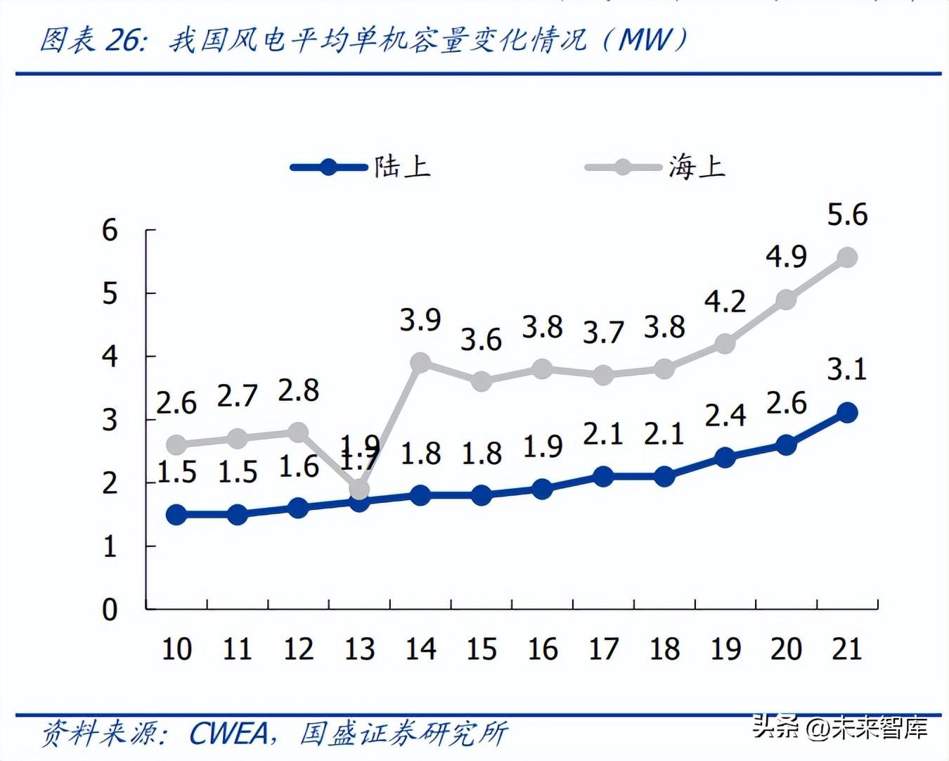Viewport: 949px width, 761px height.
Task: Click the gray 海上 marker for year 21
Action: tap(847, 258)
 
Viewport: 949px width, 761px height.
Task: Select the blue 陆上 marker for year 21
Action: tap(847, 412)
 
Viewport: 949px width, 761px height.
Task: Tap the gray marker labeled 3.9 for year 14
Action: tap(420, 363)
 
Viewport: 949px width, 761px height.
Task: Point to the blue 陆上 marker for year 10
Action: tap(176, 515)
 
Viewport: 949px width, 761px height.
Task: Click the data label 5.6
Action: tap(847, 215)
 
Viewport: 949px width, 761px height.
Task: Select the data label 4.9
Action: tap(786, 257)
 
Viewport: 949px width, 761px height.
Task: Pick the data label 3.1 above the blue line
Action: tap(847, 369)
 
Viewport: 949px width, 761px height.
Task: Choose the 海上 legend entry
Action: tap(656, 167)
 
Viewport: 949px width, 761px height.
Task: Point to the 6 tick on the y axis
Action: tap(110, 230)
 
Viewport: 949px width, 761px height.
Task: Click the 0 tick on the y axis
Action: tap(110, 609)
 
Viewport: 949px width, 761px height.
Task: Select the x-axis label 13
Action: tap(359, 648)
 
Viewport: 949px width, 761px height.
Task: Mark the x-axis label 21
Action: tap(847, 648)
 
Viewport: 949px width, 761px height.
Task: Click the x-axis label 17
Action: tap(603, 648)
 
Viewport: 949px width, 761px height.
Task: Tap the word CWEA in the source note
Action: tap(229, 734)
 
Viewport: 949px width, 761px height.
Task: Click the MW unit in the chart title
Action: tap(645, 40)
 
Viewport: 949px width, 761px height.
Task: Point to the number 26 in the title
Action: tap(124, 40)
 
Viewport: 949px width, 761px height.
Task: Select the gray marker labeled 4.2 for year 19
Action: tap(725, 344)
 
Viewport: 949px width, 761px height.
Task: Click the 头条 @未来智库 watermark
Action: tap(840, 727)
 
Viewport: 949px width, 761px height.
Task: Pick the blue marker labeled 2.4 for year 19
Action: tap(725, 458)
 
